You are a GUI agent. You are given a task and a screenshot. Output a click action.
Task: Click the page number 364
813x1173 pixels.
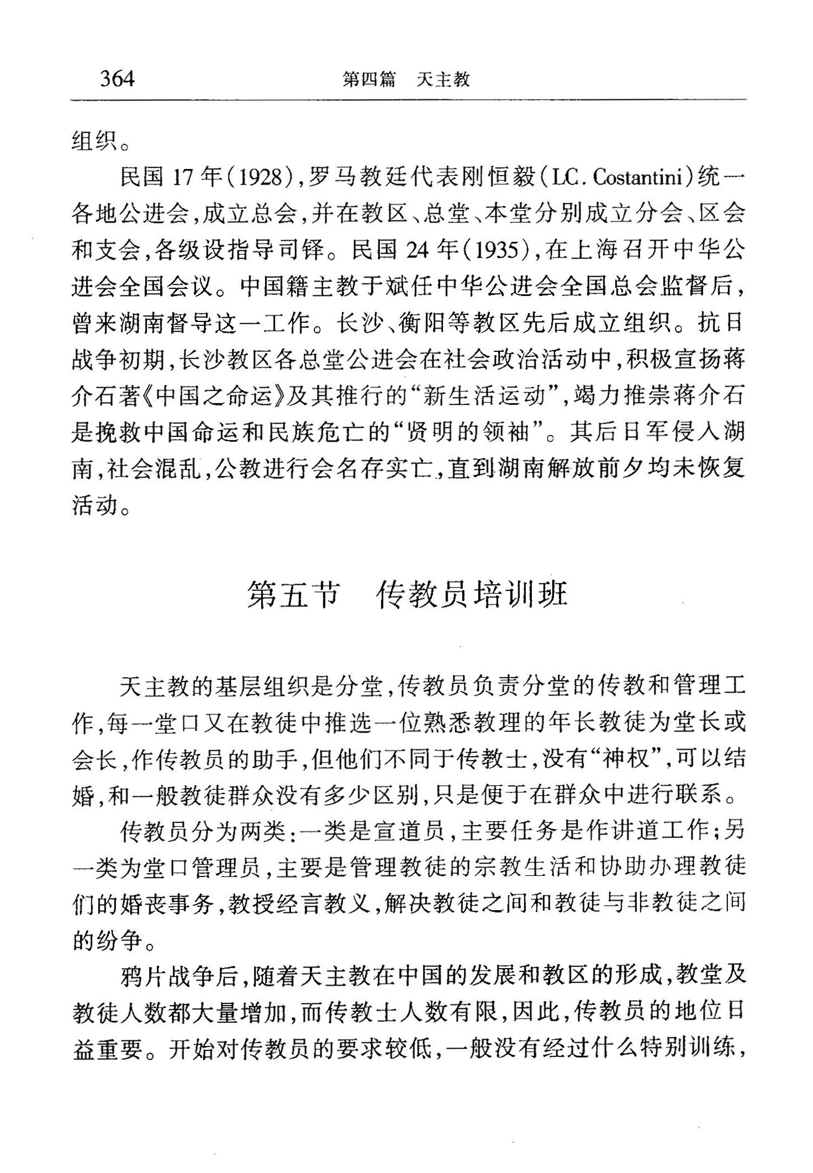coord(117,79)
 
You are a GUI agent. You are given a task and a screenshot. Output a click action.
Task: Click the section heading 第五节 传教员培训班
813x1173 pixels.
coord(407,595)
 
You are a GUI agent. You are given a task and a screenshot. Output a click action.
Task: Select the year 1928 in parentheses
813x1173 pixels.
coord(262,178)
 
